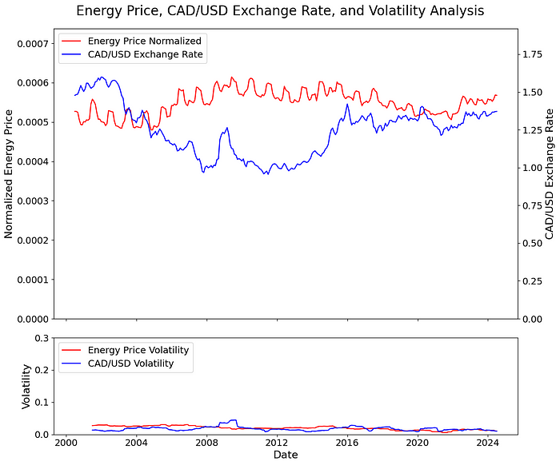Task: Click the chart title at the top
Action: tap(280, 11)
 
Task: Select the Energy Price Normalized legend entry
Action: tap(145, 41)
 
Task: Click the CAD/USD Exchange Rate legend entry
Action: tap(145, 54)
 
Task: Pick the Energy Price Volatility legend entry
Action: tap(138, 350)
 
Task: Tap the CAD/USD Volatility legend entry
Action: tap(130, 364)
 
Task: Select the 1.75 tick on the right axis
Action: tap(533, 54)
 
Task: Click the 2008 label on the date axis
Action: tap(206, 442)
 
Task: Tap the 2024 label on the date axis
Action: tap(489, 442)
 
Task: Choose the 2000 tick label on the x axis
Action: tap(66, 442)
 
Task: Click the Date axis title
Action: tap(286, 454)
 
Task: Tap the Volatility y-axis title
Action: tap(26, 387)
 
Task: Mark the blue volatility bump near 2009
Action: tap(233, 420)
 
